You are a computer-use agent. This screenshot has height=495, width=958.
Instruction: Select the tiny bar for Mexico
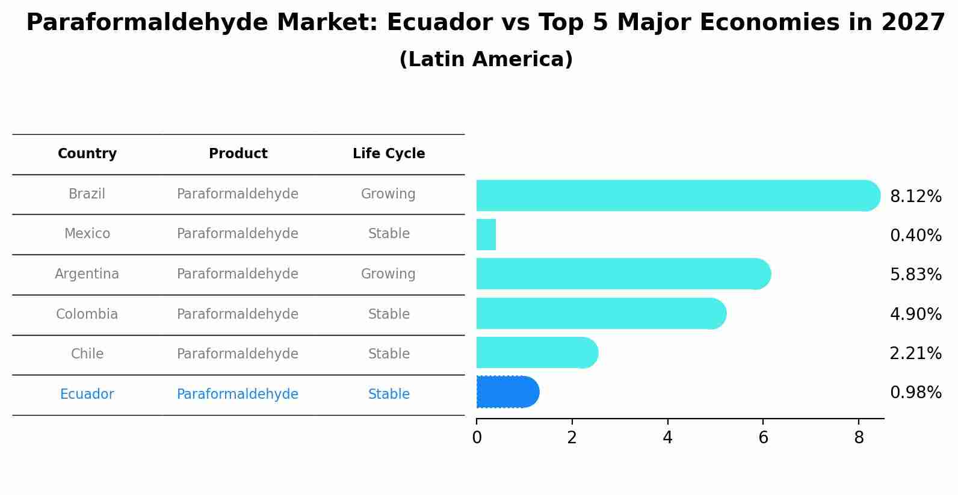click(486, 235)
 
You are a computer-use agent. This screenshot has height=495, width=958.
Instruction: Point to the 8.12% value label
click(915, 197)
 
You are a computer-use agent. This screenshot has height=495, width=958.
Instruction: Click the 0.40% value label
click(915, 236)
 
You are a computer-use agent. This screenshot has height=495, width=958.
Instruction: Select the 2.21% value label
click(915, 354)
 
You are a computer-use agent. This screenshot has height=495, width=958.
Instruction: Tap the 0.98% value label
click(915, 393)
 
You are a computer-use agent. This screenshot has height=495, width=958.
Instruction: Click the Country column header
click(87, 154)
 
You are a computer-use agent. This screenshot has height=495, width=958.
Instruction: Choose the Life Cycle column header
click(389, 154)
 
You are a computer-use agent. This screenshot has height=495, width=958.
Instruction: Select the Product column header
click(238, 154)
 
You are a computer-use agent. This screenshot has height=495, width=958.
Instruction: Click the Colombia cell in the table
click(87, 315)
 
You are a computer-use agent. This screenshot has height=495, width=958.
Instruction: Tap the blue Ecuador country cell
click(87, 395)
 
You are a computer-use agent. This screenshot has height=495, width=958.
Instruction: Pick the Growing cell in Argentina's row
click(388, 274)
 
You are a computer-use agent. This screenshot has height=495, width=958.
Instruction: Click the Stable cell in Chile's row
click(389, 354)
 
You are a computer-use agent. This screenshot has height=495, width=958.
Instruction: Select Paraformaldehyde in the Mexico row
click(238, 234)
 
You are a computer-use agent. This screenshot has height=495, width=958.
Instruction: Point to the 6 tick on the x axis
click(763, 438)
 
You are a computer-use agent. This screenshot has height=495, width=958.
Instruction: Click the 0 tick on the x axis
click(477, 438)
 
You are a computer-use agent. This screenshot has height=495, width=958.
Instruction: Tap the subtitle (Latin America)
click(486, 60)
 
